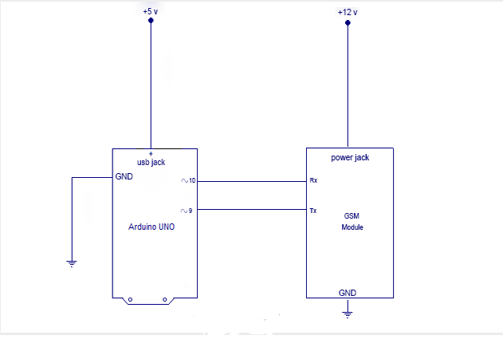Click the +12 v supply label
coord(348,11)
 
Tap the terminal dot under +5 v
coord(151,20)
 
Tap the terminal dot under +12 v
coord(348,23)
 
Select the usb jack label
coord(151,162)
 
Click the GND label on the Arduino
coord(124,177)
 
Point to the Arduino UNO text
coord(151,227)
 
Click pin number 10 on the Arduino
coord(192,181)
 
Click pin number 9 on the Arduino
coord(191,211)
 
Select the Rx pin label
coord(313,181)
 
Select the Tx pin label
coord(313,211)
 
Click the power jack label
coord(350,157)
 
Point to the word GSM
coord(352,216)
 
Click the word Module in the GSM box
coord(352,227)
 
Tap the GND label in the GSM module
coord(348,292)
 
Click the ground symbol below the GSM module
coord(348,314)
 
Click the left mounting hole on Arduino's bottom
coord(131,301)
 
